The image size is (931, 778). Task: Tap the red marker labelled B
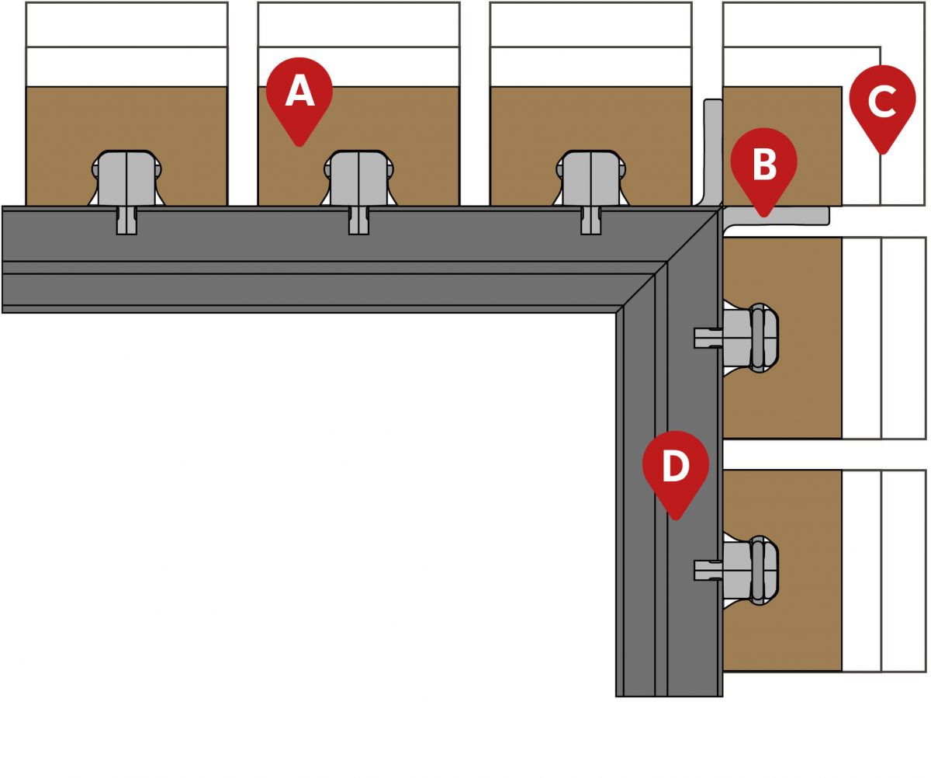point(763,165)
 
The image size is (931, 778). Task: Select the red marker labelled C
point(881,101)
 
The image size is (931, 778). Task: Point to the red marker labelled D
point(675,467)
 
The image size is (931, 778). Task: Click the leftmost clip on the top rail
point(126,180)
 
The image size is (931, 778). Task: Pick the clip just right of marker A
point(358,180)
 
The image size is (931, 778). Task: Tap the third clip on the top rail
point(591,180)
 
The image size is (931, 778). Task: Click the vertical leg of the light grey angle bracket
point(713,148)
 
